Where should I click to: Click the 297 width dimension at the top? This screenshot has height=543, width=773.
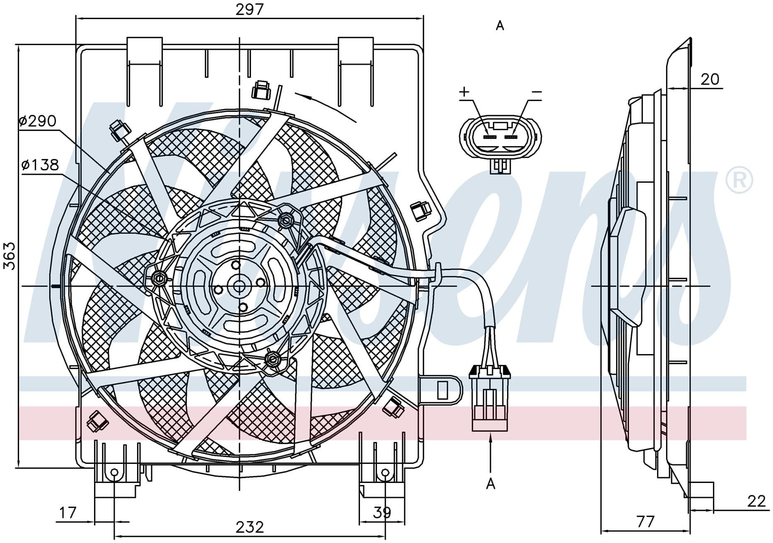[x=249, y=9]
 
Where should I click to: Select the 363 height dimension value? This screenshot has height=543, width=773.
[x=9, y=256]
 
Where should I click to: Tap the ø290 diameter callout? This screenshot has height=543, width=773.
[x=38, y=121]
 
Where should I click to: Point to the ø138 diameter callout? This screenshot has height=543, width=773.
[x=41, y=165]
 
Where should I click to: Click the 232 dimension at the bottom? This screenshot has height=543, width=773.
[x=250, y=527]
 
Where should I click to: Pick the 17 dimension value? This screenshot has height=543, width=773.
[x=67, y=513]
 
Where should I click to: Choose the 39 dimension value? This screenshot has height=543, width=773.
[x=382, y=513]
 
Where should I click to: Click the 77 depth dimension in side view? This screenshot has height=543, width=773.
[x=645, y=521]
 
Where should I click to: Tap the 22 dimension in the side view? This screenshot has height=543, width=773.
[x=756, y=501]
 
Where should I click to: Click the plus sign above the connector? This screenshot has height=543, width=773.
[x=464, y=92]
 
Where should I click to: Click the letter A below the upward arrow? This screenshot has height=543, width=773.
[x=490, y=483]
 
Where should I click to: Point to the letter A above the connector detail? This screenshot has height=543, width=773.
[x=500, y=26]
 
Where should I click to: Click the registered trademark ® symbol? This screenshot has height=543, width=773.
[x=739, y=180]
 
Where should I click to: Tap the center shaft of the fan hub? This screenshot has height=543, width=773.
[x=239, y=286]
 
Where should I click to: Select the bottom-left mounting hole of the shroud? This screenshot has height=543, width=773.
[x=114, y=473]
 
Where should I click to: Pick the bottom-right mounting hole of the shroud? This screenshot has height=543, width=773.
[x=385, y=473]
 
